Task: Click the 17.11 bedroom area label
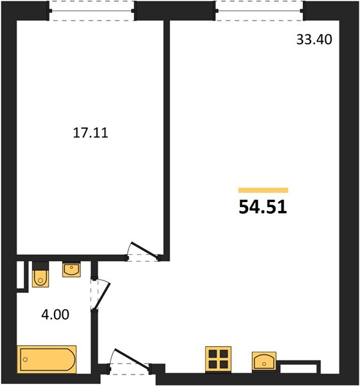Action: click(91, 133)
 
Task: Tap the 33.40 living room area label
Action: click(314, 39)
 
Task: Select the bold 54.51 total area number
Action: click(263, 207)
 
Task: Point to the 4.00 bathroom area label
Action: click(55, 315)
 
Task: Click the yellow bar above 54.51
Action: click(263, 190)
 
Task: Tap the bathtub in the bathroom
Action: click(46, 360)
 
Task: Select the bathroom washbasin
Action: click(71, 270)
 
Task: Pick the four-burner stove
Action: click(218, 359)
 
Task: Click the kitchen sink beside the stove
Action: click(264, 361)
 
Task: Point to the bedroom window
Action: click(91, 11)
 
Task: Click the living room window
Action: click(260, 11)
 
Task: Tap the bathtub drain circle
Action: click(25, 360)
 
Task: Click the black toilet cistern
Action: click(40, 266)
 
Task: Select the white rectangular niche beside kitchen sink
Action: click(298, 369)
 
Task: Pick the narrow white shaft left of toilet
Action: click(20, 275)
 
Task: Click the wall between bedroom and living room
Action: click(166, 140)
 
